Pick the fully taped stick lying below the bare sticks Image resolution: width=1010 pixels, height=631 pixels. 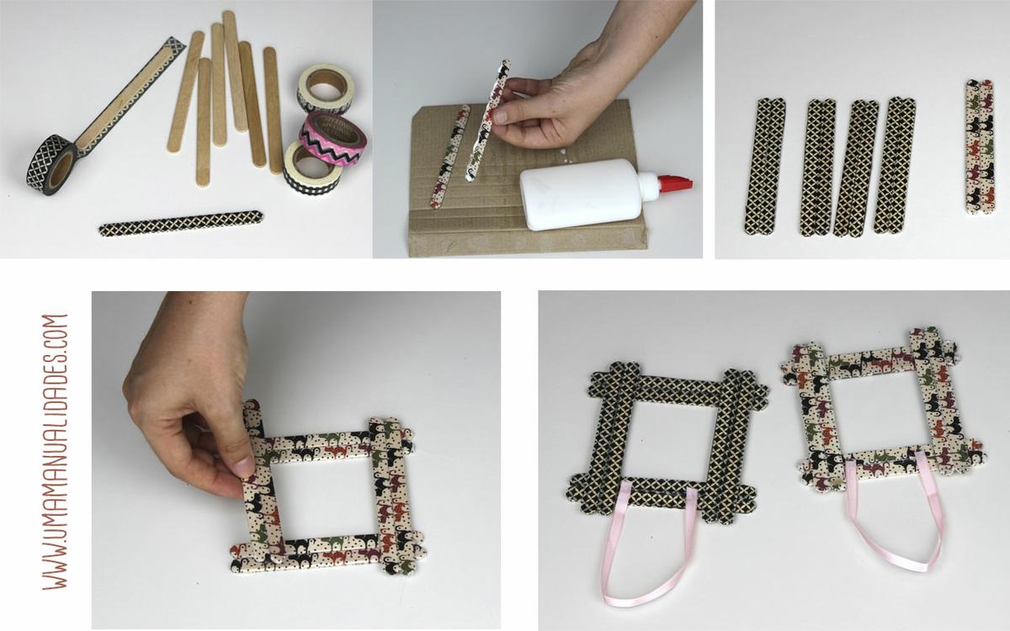click(180, 223)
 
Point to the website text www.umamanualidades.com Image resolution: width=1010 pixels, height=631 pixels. click(55, 452)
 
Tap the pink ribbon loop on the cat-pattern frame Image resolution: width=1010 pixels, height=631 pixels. click(892, 518)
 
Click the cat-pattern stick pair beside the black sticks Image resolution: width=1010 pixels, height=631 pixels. click(980, 146)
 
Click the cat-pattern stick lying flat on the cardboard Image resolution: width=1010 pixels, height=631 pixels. click(449, 156)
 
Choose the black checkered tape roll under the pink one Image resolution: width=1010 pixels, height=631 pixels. click(312, 168)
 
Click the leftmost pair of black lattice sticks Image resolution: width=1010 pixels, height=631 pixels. click(765, 166)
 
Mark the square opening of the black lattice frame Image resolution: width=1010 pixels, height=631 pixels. click(671, 439)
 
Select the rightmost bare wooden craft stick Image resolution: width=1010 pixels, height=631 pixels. click(274, 110)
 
